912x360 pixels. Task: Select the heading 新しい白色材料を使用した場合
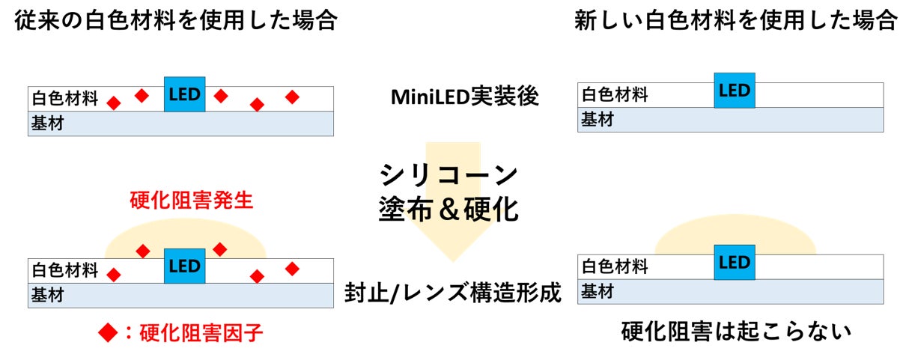point(735,21)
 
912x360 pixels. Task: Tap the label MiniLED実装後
point(464,97)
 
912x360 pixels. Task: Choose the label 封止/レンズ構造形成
point(454,292)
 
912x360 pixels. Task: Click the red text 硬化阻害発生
point(192,201)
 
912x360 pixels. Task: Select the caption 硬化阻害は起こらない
point(736,330)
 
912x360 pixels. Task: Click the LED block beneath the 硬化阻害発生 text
point(184,266)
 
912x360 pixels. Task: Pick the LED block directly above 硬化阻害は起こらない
point(734,263)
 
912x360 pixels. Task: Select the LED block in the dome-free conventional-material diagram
point(184,94)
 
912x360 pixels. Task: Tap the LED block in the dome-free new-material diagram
point(734,91)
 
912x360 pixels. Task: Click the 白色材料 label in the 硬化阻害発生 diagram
point(65,270)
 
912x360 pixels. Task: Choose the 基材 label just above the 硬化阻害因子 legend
point(46,296)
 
